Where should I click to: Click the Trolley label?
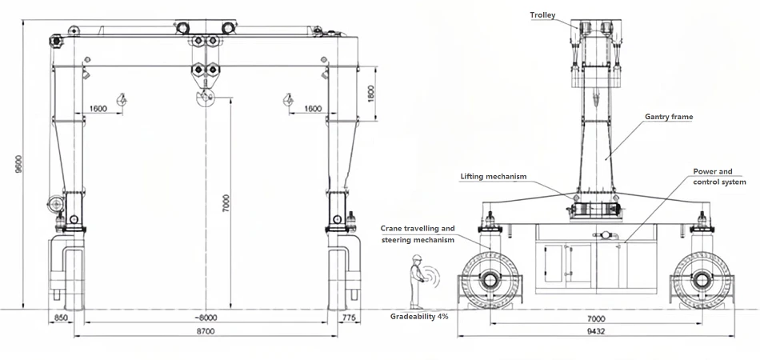542,15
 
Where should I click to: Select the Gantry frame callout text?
669,117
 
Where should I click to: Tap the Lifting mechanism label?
494,176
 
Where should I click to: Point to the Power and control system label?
719,177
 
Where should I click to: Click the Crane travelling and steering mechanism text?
418,234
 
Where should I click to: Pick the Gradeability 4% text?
419,316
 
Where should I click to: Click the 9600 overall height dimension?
19,164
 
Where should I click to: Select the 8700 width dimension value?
206,331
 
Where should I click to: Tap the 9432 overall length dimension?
596,331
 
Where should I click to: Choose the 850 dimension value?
61,318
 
